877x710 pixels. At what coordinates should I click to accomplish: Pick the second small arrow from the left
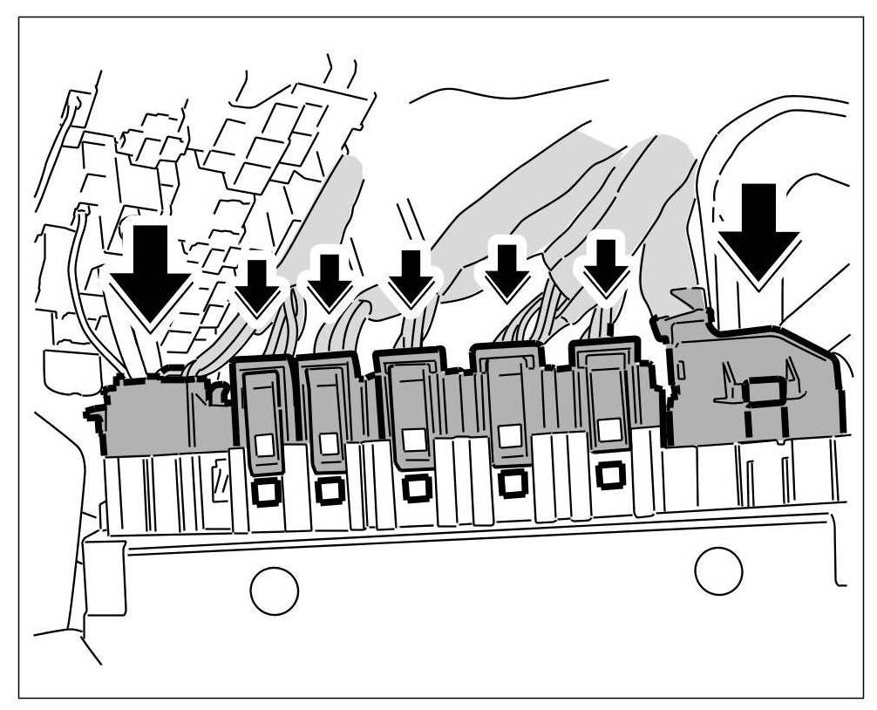click(330, 282)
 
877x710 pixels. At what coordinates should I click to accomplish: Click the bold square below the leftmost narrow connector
click(263, 492)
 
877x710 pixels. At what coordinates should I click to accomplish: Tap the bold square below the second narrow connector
click(330, 489)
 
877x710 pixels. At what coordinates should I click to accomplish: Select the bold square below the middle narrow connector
click(415, 486)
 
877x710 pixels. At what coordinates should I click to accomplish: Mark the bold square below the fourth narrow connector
click(511, 481)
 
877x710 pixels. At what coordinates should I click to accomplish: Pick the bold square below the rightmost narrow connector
click(609, 474)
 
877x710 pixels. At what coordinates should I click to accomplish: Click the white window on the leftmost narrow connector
click(263, 446)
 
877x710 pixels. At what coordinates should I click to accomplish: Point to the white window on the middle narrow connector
click(415, 439)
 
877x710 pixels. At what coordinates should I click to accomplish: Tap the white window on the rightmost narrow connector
click(609, 429)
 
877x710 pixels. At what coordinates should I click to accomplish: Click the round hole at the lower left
click(274, 591)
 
